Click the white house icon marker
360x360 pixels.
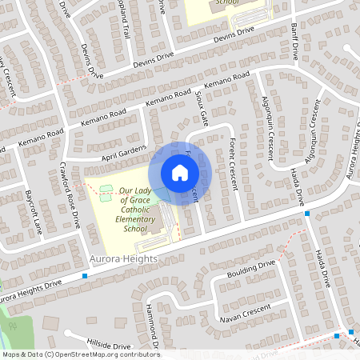179,173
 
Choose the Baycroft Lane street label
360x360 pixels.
34,211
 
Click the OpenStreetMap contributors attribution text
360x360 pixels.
80,354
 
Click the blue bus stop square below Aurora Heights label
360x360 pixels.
86,276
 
